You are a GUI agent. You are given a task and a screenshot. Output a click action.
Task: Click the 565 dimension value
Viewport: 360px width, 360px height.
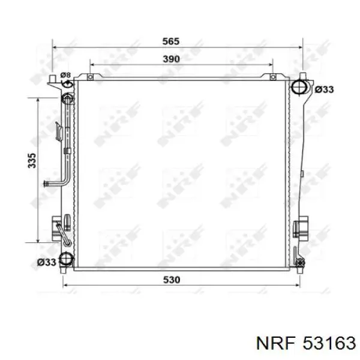coord(171,41)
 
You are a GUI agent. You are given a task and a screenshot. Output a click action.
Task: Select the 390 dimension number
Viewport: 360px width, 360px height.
coord(171,59)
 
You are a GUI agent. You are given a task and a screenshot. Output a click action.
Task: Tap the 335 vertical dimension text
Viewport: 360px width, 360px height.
coord(32,160)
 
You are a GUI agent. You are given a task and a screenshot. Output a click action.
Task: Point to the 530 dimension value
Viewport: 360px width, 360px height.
coord(172,280)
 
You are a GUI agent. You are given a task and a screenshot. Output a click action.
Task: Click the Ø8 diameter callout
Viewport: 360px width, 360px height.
coord(65,75)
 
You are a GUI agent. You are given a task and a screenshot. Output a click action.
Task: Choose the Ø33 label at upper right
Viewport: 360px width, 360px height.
coord(324,89)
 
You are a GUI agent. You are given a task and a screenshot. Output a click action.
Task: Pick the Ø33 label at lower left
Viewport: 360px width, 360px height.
coord(47,262)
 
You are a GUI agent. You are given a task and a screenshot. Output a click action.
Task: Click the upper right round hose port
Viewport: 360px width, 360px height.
coord(299,87)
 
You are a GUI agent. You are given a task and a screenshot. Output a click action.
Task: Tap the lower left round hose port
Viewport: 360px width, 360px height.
coord(66,259)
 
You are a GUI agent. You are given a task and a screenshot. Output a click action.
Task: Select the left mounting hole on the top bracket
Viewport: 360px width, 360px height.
coord(91,77)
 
